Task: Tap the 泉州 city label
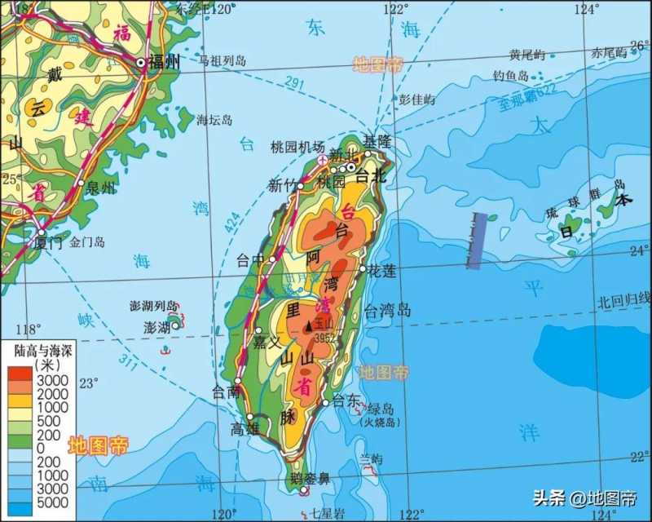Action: point(101,188)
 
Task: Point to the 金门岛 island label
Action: point(88,242)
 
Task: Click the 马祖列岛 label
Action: point(222,60)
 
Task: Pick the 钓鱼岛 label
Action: point(511,75)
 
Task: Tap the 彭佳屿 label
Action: point(416,100)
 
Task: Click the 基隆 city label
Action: point(377,141)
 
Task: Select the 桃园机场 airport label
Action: point(297,147)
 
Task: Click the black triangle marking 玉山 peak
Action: point(308,326)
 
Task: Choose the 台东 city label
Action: point(346,400)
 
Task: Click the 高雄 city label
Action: point(244,429)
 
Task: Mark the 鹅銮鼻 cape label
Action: point(307,479)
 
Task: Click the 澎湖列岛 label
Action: point(153,307)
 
